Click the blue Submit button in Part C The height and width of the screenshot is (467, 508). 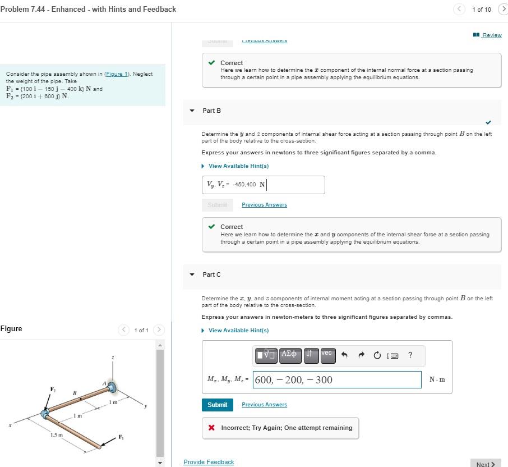(217, 405)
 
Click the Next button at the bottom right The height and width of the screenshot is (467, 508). (485, 464)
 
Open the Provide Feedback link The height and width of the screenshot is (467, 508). (209, 462)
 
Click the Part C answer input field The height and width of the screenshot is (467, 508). (337, 379)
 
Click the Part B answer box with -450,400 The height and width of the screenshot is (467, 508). (263, 185)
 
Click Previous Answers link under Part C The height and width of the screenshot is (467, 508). (264, 405)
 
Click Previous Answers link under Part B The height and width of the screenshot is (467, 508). (264, 205)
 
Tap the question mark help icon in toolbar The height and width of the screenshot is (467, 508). (410, 355)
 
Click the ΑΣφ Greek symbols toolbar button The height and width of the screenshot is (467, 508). (290, 354)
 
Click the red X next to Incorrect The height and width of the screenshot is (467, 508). (211, 428)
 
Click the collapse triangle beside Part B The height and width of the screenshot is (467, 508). (192, 111)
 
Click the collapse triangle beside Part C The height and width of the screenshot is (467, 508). (192, 274)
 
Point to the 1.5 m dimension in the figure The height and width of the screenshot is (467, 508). (56, 435)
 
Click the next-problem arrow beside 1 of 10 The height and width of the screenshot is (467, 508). (502, 9)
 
